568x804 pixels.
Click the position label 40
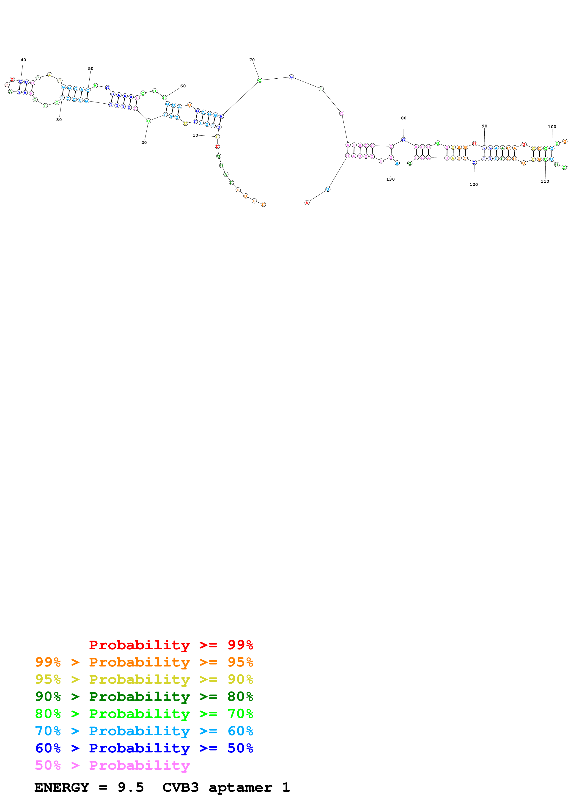pos(23,60)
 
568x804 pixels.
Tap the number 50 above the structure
pos(91,69)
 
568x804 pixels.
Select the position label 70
pos(252,60)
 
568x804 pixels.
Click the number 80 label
pos(403,118)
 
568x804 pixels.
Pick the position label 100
pos(552,127)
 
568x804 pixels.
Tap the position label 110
pos(545,181)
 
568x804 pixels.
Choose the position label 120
pos(474,184)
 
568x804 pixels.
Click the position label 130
pos(390,179)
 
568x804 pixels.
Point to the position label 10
pos(195,135)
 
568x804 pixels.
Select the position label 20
pos(144,143)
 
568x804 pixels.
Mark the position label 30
pos(59,120)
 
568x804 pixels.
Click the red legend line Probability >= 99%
pos(171,645)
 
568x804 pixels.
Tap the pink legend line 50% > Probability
pos(112,765)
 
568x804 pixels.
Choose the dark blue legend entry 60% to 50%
pos(144,748)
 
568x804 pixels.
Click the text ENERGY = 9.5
pos(89,787)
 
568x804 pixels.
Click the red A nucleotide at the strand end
pos(307,203)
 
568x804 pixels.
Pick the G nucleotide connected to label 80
pos(403,140)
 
